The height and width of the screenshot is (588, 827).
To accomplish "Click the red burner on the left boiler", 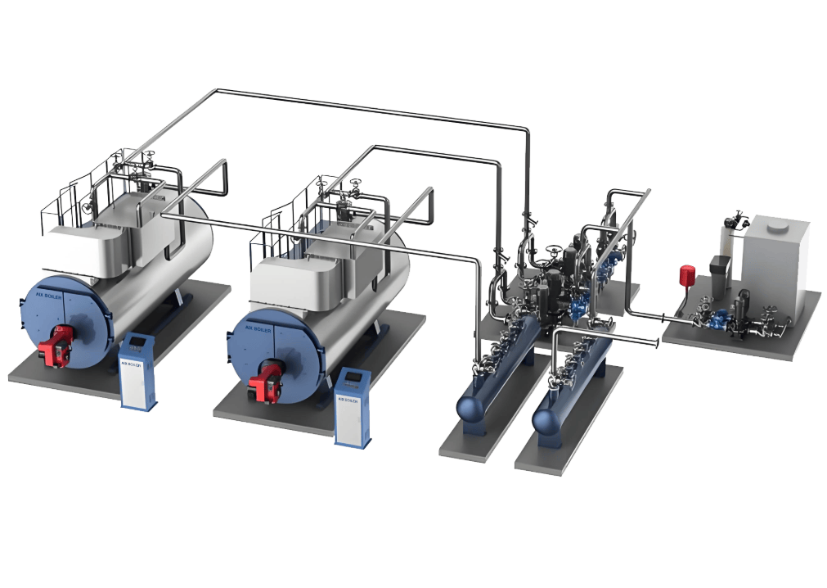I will tap(58, 344).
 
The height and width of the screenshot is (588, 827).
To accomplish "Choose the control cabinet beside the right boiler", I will tap(353, 406).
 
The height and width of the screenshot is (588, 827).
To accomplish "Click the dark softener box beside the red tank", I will tap(720, 266).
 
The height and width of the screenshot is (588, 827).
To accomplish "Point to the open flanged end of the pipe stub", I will tap(657, 340).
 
